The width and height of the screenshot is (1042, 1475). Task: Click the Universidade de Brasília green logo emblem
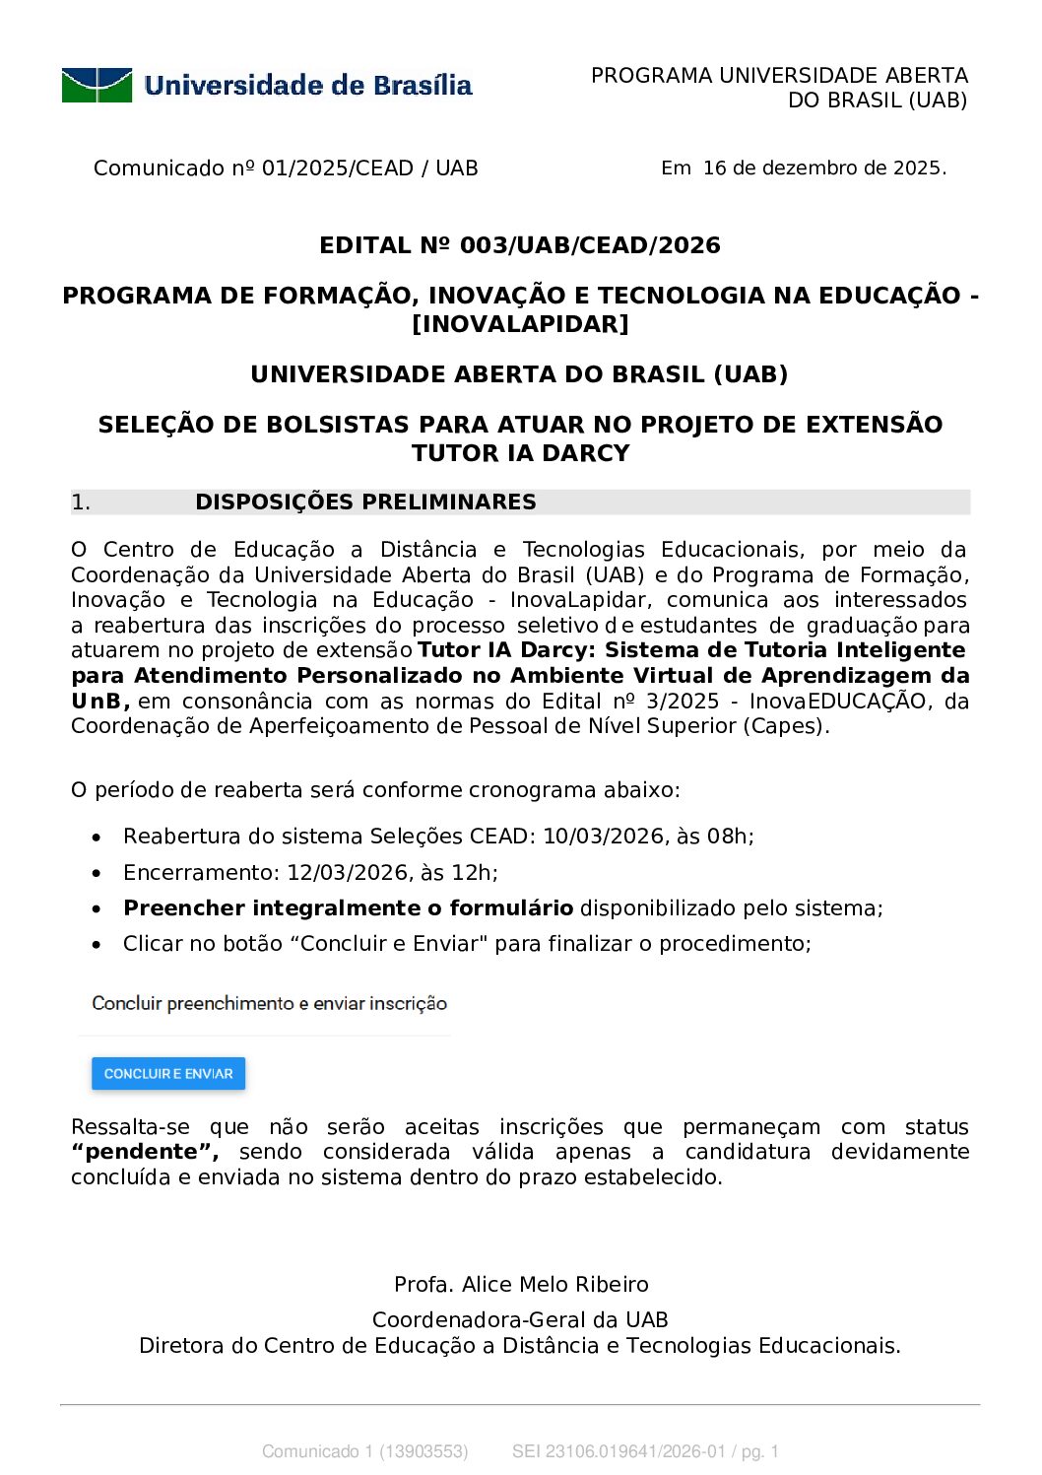97,86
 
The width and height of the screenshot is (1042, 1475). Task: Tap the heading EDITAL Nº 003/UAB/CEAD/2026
520,245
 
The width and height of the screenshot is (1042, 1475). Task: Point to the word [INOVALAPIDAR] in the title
520,324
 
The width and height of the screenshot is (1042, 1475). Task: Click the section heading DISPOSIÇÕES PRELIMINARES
365,503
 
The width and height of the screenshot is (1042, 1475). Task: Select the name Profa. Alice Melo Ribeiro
521,1285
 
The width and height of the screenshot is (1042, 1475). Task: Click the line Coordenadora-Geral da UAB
520,1320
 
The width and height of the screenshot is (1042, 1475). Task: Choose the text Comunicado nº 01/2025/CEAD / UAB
286,168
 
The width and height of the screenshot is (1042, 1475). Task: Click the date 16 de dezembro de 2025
823,168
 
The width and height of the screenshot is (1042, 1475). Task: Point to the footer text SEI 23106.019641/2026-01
619,1451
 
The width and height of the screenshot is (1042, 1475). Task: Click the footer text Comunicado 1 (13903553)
364,1451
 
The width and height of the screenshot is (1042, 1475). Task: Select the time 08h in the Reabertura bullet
729,837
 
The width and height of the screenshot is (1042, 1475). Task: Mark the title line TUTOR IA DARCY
520,453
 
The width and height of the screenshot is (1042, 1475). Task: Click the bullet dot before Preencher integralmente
97,909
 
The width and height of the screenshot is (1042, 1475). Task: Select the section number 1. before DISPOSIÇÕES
81,503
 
